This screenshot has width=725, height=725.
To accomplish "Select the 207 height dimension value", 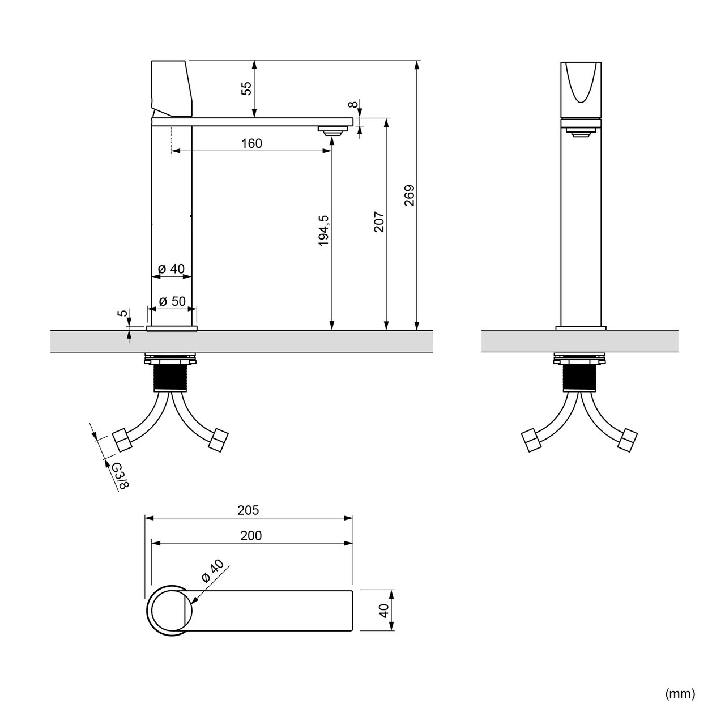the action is (x=379, y=222).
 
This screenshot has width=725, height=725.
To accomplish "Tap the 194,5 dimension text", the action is (x=324, y=231).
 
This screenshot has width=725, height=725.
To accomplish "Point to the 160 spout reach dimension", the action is (x=251, y=143).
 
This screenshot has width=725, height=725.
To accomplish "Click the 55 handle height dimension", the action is (x=246, y=88).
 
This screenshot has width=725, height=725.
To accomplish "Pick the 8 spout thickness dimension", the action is (x=352, y=104).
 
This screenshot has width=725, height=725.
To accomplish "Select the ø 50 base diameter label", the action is (x=172, y=301).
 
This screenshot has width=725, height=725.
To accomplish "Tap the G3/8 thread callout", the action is (x=121, y=475).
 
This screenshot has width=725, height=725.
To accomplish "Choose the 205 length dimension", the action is (x=248, y=510).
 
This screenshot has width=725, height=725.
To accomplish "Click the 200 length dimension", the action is (x=251, y=535).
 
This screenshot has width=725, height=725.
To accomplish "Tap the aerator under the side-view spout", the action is (x=331, y=130).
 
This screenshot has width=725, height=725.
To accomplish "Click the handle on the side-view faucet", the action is (x=172, y=89).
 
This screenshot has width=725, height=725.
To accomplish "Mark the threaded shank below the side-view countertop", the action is (x=170, y=377).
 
